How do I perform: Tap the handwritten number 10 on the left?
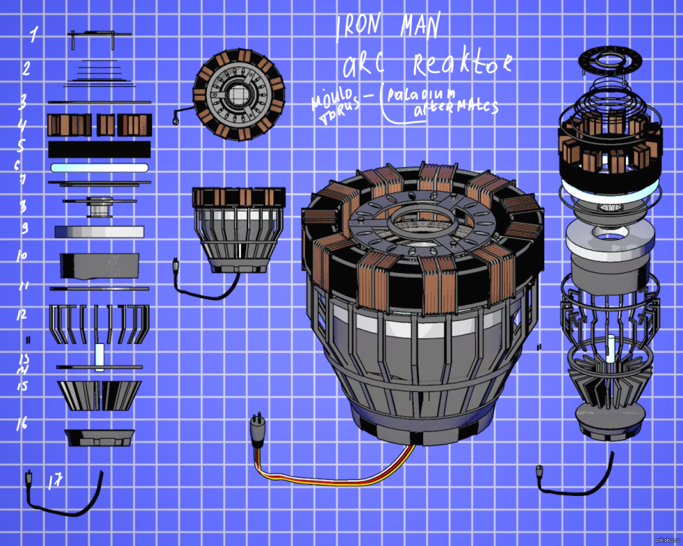pyautogui.click(x=22, y=256)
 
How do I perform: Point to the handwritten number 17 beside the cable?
pyautogui.click(x=55, y=481)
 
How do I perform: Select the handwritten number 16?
pyautogui.click(x=22, y=423)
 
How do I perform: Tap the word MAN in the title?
pyautogui.click(x=421, y=26)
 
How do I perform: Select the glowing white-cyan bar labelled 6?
pyautogui.click(x=100, y=168)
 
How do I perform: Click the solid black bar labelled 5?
pyautogui.click(x=100, y=149)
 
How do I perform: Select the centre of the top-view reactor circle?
pyautogui.click(x=240, y=95)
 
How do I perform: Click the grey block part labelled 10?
pyautogui.click(x=100, y=265)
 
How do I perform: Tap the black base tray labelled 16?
pyautogui.click(x=99, y=437)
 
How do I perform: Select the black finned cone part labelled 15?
pyautogui.click(x=99, y=395)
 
